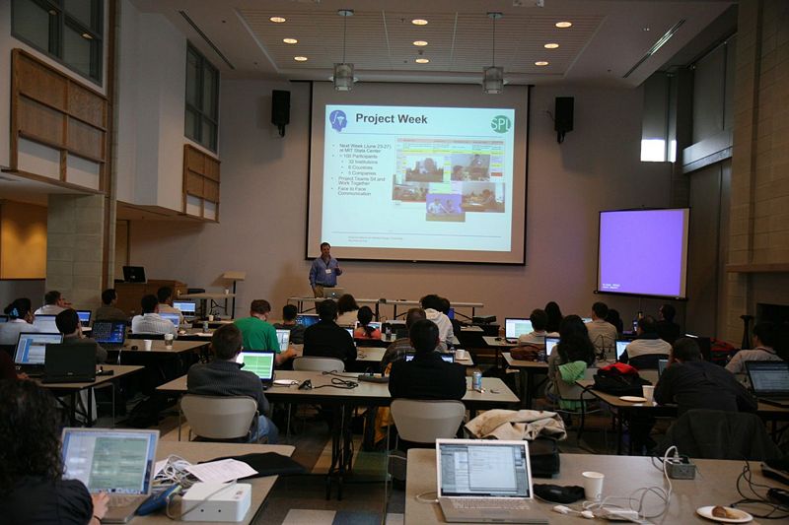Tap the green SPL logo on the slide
500,123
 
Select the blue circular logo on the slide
337,120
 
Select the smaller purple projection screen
642,252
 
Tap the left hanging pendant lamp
343,75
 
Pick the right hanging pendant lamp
493,78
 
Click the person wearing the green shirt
258,330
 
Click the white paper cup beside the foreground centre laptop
593,484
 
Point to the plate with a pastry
725,512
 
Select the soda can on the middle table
476,379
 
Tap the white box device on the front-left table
215,501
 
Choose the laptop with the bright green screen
257,365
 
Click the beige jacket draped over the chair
515,425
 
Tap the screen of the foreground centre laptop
484,469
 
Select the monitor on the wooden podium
134,274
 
